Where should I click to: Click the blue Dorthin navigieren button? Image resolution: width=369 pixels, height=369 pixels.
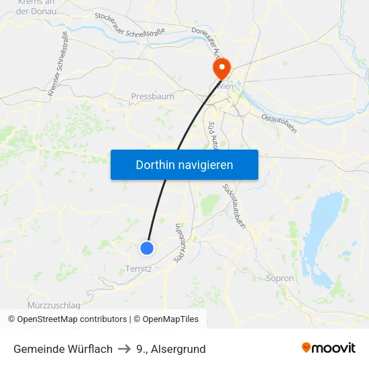[x=184, y=164]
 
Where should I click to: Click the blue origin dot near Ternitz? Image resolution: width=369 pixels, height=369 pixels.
[x=147, y=248]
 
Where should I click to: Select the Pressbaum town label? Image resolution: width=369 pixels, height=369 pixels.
[x=152, y=97]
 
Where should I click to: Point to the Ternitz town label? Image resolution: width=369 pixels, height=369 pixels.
[x=139, y=269]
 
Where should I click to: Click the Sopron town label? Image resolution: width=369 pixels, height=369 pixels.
[x=280, y=278]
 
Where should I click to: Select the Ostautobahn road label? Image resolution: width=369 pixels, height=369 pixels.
[x=278, y=122]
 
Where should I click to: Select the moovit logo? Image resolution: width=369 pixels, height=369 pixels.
[x=329, y=348]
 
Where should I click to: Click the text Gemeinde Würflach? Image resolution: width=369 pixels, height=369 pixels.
[x=63, y=349]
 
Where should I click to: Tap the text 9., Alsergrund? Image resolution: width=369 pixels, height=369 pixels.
[x=170, y=349]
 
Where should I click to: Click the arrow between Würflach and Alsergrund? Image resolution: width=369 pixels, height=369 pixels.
[x=124, y=349]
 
